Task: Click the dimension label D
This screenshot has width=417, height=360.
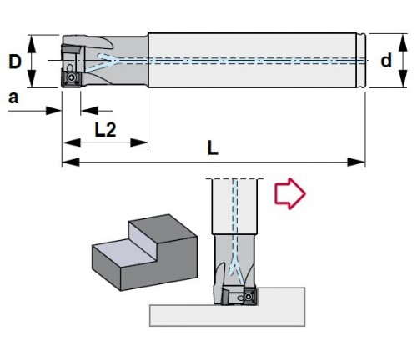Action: click(15, 62)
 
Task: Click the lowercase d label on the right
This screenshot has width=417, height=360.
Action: click(386, 61)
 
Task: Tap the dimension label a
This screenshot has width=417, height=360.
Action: click(13, 98)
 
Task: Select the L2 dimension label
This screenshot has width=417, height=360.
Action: click(105, 130)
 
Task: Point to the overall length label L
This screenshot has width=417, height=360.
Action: click(213, 148)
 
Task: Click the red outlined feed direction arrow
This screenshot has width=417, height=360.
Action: click(290, 193)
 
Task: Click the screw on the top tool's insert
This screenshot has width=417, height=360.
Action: click(72, 79)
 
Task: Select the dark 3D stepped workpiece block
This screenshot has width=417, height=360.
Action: click(144, 252)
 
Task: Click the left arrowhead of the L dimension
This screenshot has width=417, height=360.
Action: click(71, 162)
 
